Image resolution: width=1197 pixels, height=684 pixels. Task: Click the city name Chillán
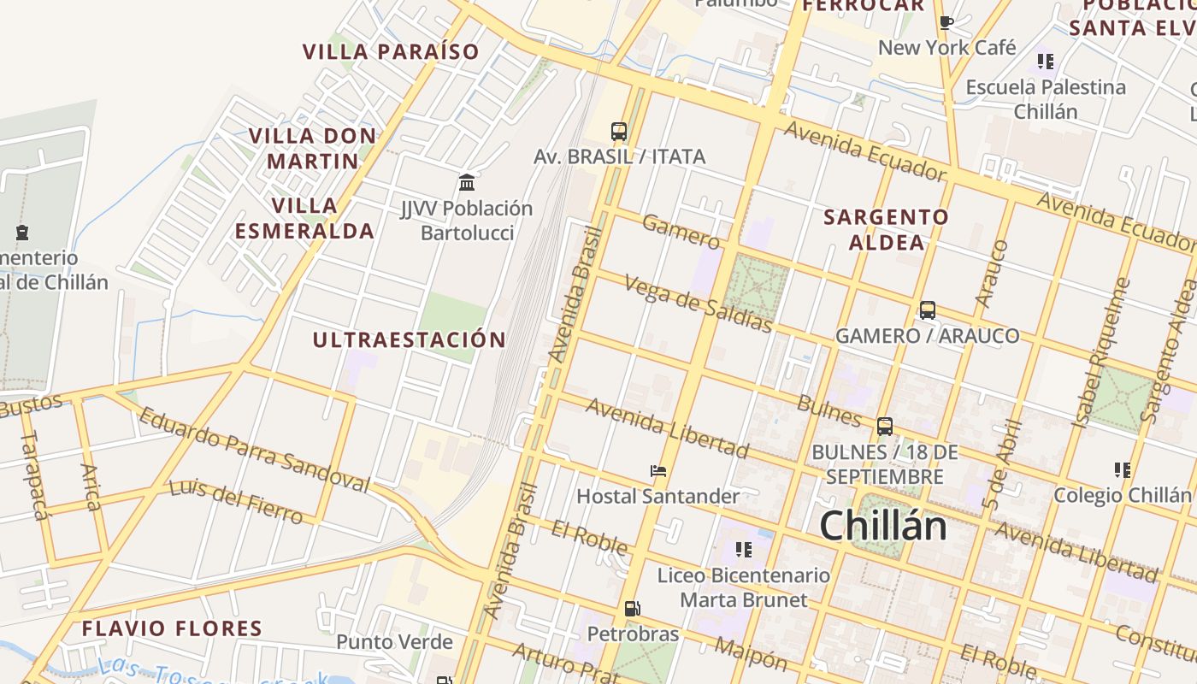click(x=882, y=526)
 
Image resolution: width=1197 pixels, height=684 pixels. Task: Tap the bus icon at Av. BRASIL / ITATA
click(x=619, y=132)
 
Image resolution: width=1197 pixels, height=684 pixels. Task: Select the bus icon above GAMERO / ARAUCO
click(x=928, y=310)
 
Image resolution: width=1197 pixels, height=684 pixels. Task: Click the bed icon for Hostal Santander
click(x=657, y=471)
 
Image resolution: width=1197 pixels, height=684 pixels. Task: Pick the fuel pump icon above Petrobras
click(x=633, y=609)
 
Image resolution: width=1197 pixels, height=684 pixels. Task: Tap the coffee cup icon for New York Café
click(x=946, y=22)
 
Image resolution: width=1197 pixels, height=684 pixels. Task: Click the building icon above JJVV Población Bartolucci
click(x=467, y=182)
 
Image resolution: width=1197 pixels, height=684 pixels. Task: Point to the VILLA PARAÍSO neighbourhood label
click(x=391, y=51)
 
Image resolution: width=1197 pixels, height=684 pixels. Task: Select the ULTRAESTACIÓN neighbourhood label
click(x=409, y=339)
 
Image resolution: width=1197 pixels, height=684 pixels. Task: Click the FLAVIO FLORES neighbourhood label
click(x=172, y=628)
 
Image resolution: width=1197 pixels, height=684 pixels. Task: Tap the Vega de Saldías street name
click(x=698, y=304)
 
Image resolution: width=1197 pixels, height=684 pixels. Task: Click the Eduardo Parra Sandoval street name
click(x=254, y=450)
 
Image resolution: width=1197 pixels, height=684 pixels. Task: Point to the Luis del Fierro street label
click(x=235, y=500)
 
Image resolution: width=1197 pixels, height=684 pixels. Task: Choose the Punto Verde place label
click(x=394, y=642)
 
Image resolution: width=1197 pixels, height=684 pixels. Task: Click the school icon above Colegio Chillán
click(x=1122, y=469)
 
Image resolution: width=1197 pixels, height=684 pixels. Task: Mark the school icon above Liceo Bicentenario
click(x=743, y=549)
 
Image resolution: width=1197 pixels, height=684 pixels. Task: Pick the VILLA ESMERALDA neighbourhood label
click(x=305, y=218)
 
